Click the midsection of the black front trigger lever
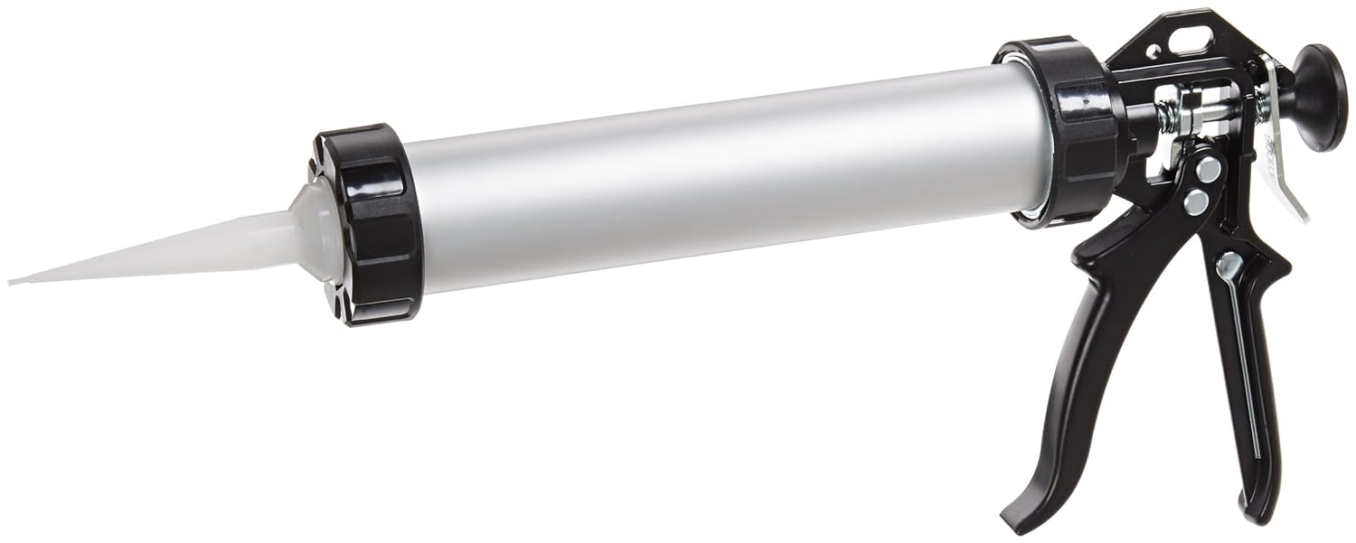pos(1121,343)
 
